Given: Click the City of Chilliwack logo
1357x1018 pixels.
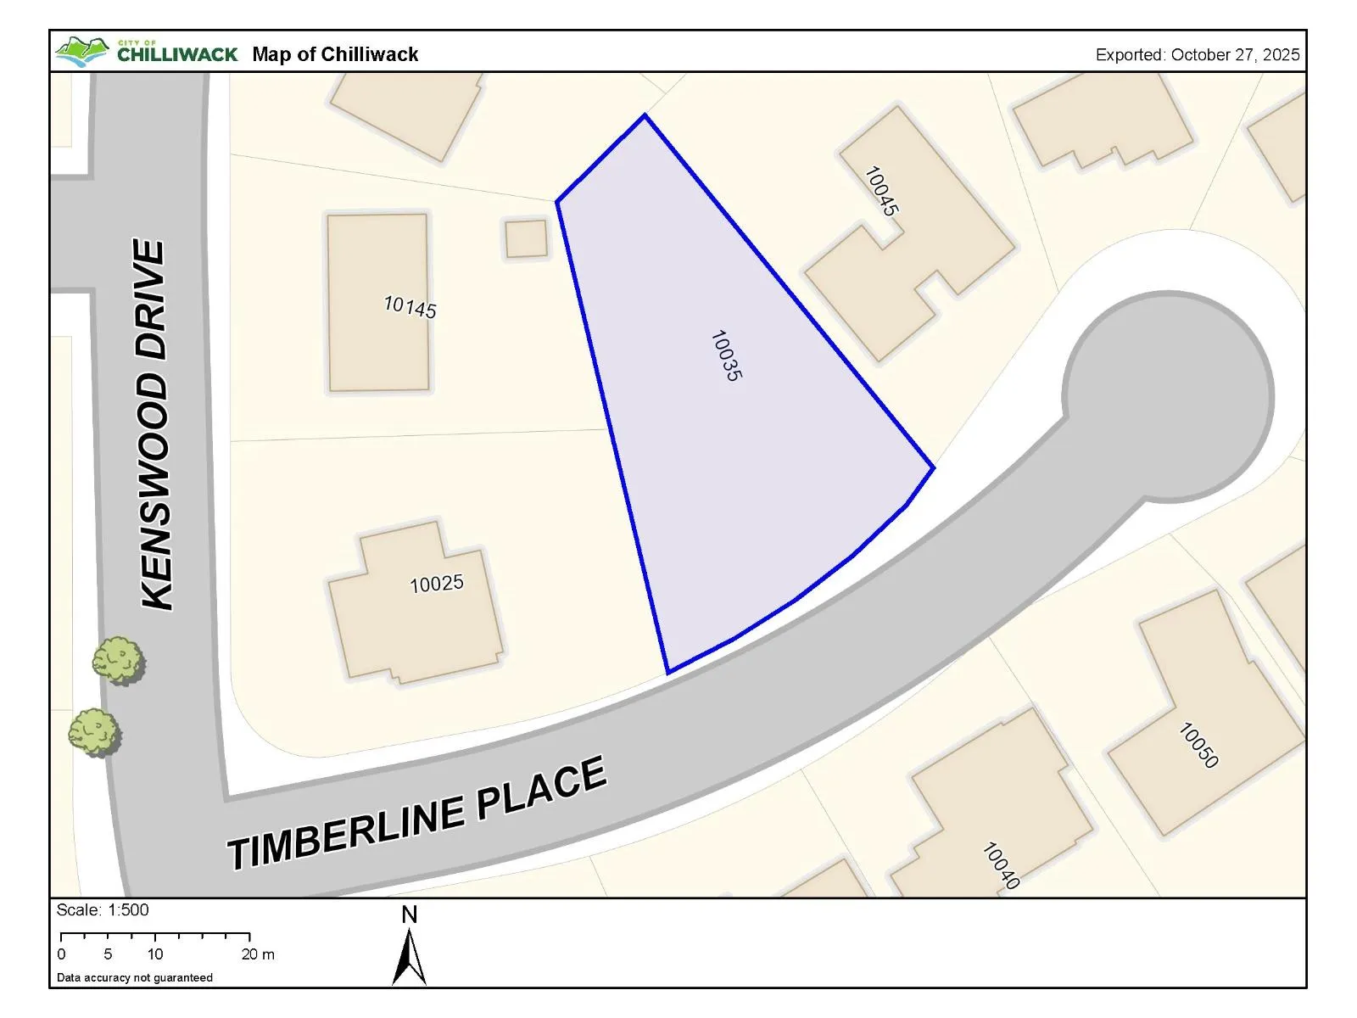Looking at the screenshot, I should pos(146,52).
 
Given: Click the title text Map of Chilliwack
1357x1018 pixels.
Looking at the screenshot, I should pos(335,54).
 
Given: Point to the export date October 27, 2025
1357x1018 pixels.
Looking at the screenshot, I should pos(1198,55).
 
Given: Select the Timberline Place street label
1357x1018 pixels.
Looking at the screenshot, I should pos(417,814).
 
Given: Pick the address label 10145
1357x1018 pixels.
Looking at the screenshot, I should pos(410,306).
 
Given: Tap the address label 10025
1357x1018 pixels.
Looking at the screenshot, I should pos(437,584).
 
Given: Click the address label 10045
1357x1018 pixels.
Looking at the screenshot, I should pos(881,191).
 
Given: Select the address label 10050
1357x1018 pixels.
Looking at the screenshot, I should pos(1198,745).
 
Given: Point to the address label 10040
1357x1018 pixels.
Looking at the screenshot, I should pos(1000,865).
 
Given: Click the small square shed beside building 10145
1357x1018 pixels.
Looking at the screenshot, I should pos(527,238).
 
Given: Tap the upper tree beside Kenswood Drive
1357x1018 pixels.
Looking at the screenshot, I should pos(117,660).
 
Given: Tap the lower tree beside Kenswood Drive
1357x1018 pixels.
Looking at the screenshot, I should pos(93,732).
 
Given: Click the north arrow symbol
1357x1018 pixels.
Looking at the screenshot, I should pos(410,954).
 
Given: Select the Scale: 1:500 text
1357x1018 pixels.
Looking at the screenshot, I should pos(103,910).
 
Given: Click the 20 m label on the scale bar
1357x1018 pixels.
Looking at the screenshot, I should pos(258,954).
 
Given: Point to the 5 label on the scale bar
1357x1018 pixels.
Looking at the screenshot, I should pos(108,954).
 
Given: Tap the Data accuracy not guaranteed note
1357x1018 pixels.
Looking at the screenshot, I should pos(135,977).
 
